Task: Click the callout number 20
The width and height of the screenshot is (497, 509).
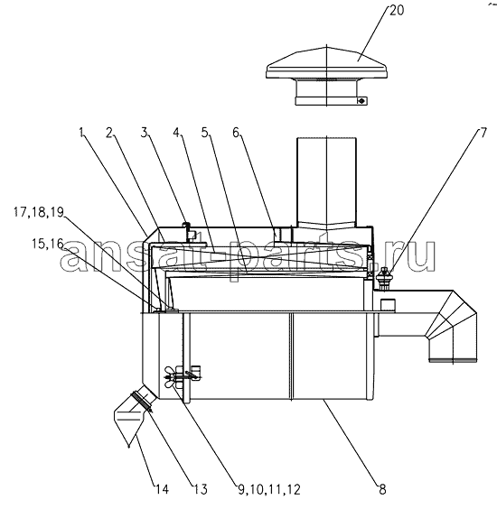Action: pos(397,11)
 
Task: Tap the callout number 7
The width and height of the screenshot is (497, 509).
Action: pos(483,133)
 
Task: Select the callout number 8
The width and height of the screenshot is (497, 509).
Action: pos(382,489)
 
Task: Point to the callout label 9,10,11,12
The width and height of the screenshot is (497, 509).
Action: pos(269,489)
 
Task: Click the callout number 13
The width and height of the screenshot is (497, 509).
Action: pos(201,489)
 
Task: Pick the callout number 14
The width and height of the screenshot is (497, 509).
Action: pos(162,489)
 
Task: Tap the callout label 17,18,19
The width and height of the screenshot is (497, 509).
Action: pos(39,212)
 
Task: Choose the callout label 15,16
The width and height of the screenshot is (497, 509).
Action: pos(48,244)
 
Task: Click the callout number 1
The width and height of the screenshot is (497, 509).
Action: pos(82,133)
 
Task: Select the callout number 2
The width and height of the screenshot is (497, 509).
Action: pos(109,133)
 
